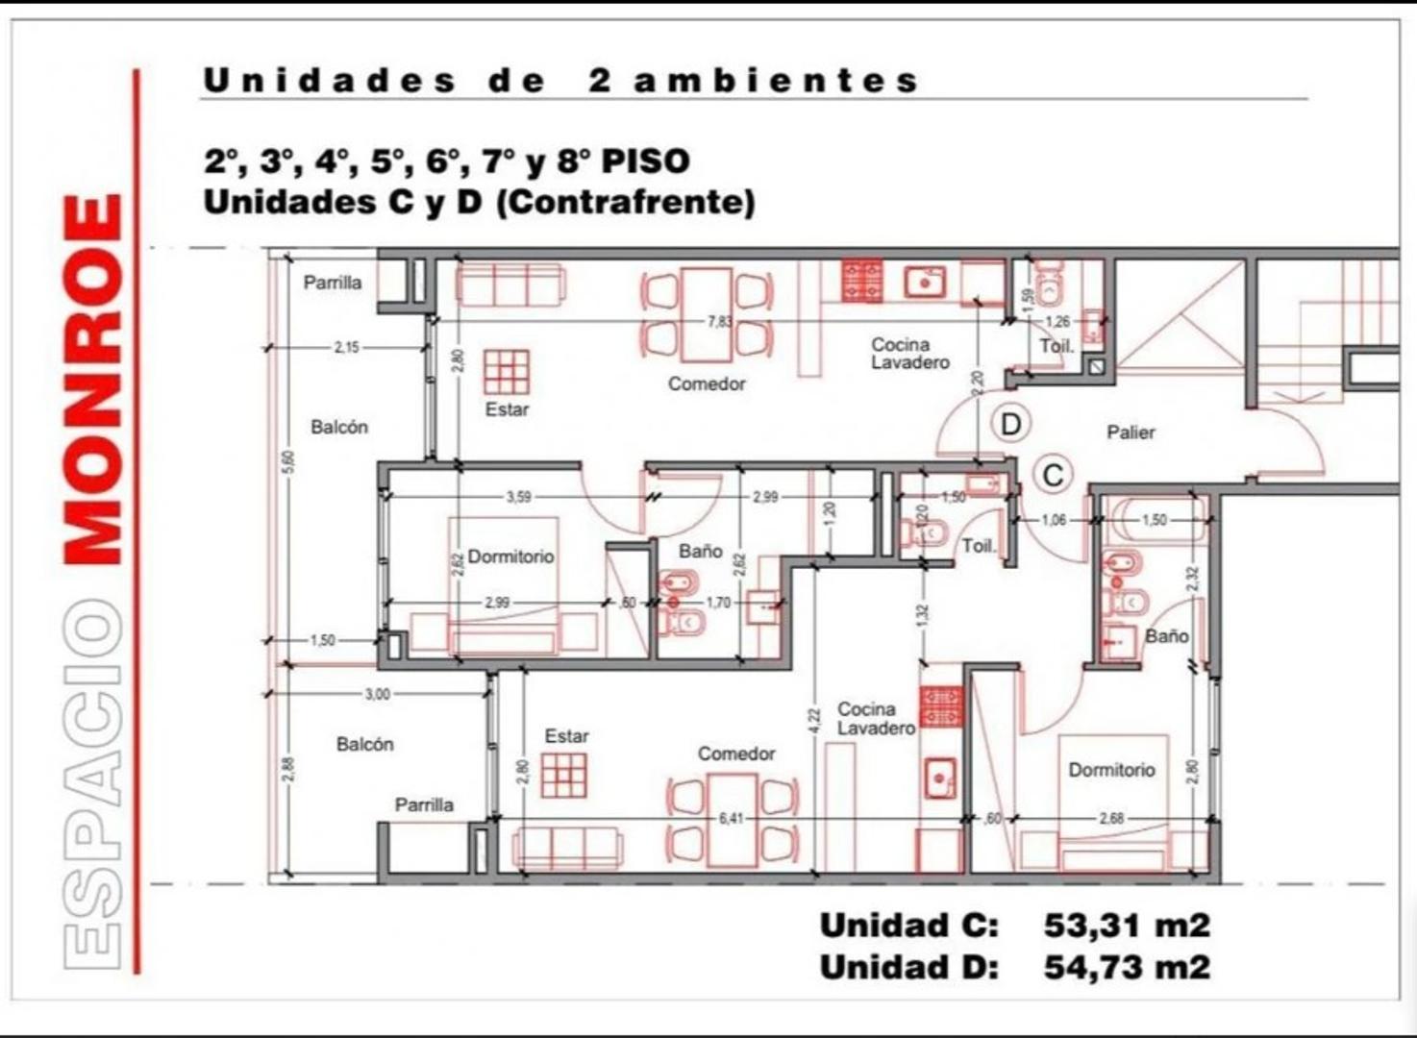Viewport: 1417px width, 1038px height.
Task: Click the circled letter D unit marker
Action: [1010, 424]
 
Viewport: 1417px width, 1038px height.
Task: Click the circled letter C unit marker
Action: [1053, 476]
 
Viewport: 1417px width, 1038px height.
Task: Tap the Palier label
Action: [1131, 432]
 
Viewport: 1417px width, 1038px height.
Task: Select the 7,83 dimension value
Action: [720, 322]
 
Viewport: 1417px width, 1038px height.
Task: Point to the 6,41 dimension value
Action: [732, 819]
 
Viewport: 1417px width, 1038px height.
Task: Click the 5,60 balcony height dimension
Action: [290, 461]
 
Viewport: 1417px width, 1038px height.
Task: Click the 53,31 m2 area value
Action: [1127, 926]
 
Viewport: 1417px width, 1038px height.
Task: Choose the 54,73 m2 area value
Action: [1127, 967]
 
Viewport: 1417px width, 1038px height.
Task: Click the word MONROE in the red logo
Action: [94, 380]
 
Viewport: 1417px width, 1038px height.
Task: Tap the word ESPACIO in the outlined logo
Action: [94, 783]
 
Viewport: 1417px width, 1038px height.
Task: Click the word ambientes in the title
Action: [777, 81]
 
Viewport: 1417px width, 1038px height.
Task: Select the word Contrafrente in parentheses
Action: [625, 203]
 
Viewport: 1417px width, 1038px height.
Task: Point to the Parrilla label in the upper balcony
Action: [333, 283]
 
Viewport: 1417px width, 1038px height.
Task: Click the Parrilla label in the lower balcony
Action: [424, 805]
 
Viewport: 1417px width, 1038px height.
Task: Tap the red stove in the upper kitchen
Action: [862, 281]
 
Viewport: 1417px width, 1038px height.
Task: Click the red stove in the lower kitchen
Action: [941, 706]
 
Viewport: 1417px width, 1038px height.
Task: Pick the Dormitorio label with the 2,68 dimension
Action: [1111, 770]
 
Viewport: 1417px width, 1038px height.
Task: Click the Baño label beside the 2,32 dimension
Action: [1166, 636]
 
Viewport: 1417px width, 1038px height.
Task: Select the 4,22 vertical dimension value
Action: [813, 721]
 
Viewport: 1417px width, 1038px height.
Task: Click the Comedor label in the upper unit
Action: [707, 384]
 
